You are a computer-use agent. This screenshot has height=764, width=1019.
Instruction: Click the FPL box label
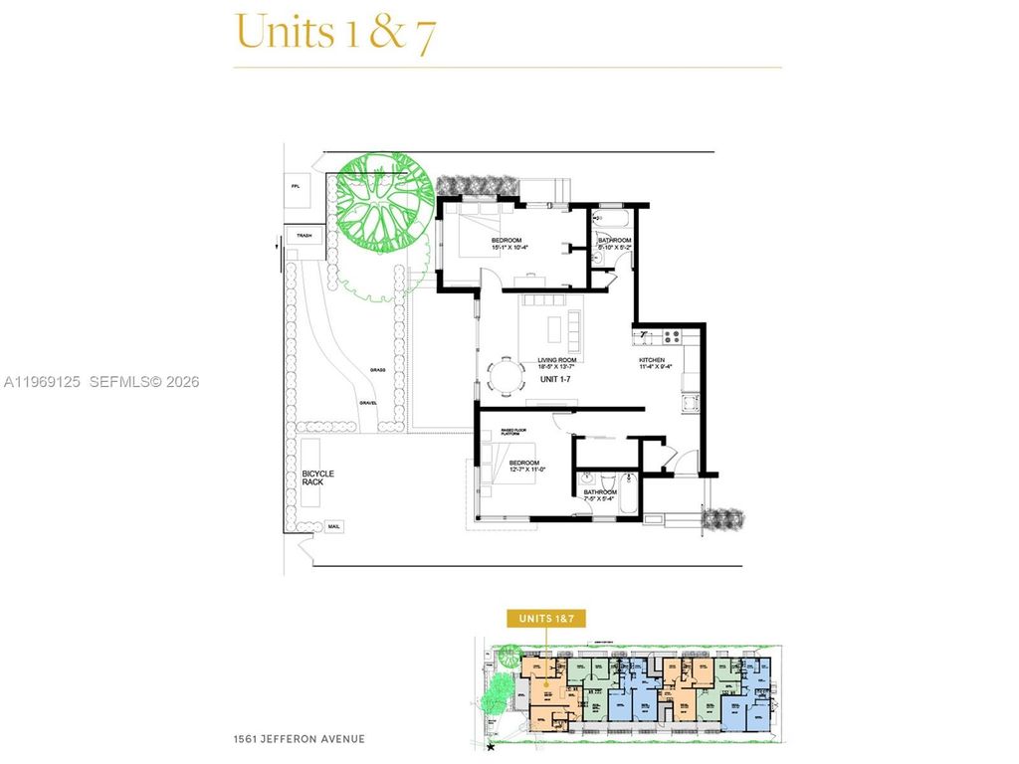(x=296, y=186)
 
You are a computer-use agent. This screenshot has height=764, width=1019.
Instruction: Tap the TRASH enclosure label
(x=301, y=236)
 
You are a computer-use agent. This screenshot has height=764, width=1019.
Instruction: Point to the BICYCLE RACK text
(x=318, y=477)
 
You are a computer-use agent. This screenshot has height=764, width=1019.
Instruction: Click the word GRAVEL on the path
(x=368, y=403)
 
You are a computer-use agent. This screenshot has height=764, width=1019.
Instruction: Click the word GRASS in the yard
(x=377, y=369)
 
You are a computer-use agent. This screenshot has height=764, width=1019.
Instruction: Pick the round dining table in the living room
(x=509, y=377)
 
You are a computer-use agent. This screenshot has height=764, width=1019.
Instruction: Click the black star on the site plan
(x=491, y=747)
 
